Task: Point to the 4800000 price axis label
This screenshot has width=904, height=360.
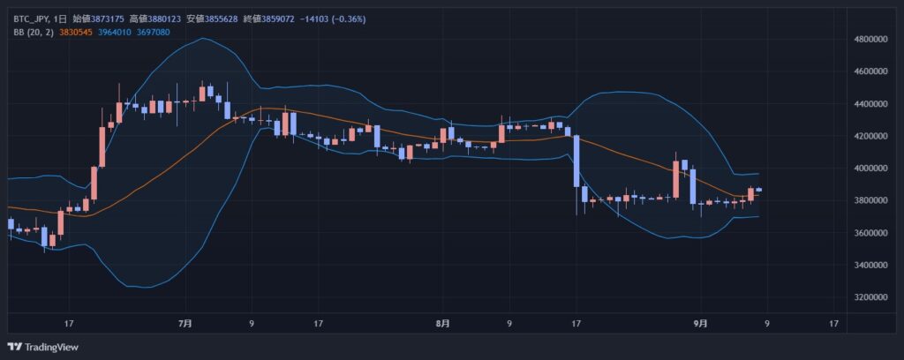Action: (x=873, y=40)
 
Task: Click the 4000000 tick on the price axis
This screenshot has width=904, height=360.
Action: (x=873, y=169)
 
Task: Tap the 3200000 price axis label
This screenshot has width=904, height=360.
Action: (x=873, y=297)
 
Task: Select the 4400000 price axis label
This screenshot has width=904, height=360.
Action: (x=873, y=104)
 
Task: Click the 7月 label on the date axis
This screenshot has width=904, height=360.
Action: (x=185, y=324)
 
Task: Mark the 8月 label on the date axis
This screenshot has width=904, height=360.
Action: (x=443, y=324)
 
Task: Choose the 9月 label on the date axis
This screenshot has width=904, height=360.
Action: (x=700, y=324)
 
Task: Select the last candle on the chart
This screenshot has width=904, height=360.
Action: (x=758, y=191)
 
